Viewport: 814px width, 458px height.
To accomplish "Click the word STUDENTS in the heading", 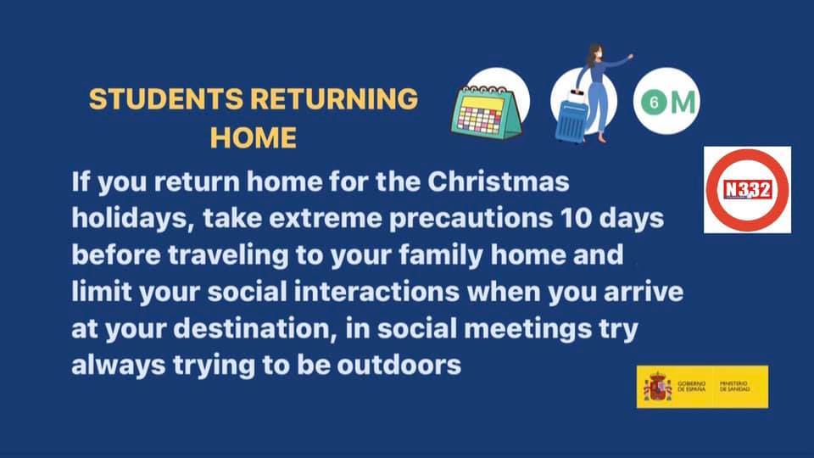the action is pos(166,98).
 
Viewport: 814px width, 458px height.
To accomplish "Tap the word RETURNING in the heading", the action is pos(334,98).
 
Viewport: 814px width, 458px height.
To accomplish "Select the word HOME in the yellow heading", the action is pos(254,137).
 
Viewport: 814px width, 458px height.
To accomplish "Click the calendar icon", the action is pos(487,111).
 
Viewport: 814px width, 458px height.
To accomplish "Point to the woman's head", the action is pos(595,52).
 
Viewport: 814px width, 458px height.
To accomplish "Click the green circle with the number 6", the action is pos(654,102).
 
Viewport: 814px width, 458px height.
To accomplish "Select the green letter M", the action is pos(683,102).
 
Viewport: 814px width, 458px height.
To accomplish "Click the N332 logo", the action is pos(748,190).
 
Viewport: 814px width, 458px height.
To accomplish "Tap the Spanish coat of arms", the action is pos(657,387).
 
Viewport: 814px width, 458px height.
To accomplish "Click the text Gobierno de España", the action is pos(692,387).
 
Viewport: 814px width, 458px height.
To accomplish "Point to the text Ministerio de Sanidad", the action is pos(734,387).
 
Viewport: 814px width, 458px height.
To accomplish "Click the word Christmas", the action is pos(499,182).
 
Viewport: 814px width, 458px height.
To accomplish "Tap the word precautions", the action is pos(471,219).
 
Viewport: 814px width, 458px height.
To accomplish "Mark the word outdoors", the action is pos(399,365).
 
